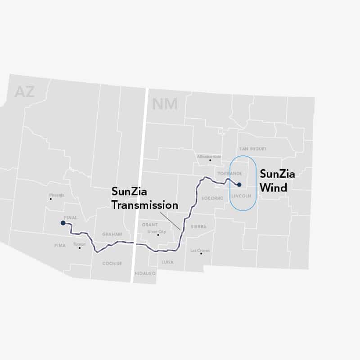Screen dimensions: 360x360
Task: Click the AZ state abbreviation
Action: tap(24, 92)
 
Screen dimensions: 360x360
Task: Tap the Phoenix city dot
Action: tap(51, 199)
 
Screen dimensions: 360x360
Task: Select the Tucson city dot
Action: tap(80, 248)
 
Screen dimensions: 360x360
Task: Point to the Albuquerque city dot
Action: tap(210, 160)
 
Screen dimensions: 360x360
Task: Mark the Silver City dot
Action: tap(158, 235)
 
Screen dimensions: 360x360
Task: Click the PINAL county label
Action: tap(71, 218)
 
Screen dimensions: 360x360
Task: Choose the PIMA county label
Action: tap(59, 246)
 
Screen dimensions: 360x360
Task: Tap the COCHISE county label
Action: tap(112, 263)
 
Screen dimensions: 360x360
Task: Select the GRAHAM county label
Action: tap(112, 234)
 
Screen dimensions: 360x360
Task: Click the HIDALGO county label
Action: tap(144, 274)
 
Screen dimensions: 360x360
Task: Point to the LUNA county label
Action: tap(167, 261)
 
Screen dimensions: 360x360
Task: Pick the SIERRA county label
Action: tap(199, 227)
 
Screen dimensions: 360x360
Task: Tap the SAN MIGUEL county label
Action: tap(253, 148)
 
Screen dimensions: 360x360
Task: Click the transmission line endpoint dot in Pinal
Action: tap(63, 223)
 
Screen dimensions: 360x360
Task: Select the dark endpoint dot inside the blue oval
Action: tap(239, 184)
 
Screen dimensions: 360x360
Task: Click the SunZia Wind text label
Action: tap(277, 181)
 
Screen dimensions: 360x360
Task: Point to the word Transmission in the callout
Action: tap(145, 205)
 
